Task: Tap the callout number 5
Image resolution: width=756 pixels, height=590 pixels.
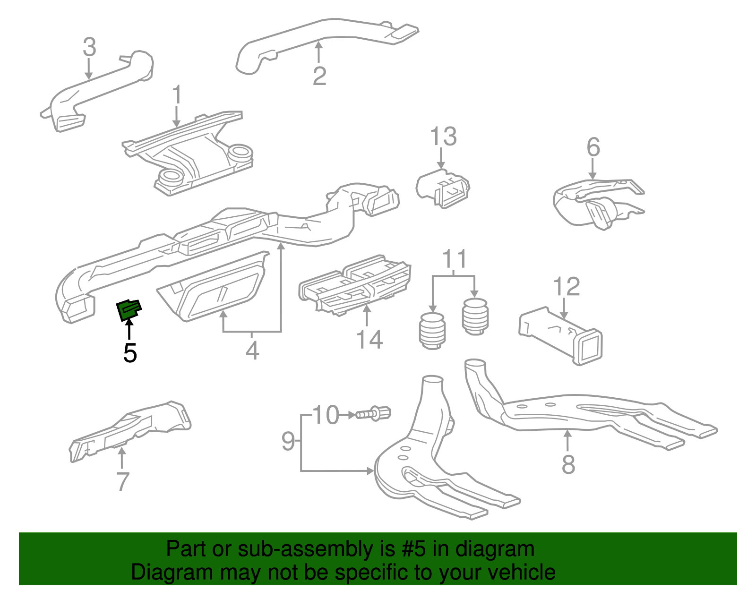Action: click(x=130, y=353)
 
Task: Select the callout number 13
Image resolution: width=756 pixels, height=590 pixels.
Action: click(x=443, y=137)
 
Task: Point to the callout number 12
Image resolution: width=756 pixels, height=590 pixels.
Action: click(x=566, y=287)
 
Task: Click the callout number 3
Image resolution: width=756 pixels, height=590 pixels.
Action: click(x=89, y=47)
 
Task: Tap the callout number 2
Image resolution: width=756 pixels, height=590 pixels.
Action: click(x=319, y=76)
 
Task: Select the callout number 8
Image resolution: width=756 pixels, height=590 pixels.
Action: click(x=568, y=464)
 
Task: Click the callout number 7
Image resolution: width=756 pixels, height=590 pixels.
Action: click(x=122, y=481)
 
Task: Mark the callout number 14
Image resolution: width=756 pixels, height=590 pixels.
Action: click(x=369, y=340)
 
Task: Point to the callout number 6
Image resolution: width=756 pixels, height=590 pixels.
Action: click(x=593, y=147)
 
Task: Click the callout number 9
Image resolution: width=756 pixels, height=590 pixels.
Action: click(x=288, y=441)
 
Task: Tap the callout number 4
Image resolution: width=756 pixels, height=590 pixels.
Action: click(x=252, y=351)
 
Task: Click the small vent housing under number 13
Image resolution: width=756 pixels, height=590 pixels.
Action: click(x=443, y=188)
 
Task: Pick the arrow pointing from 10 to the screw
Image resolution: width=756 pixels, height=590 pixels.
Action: click(x=348, y=415)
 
